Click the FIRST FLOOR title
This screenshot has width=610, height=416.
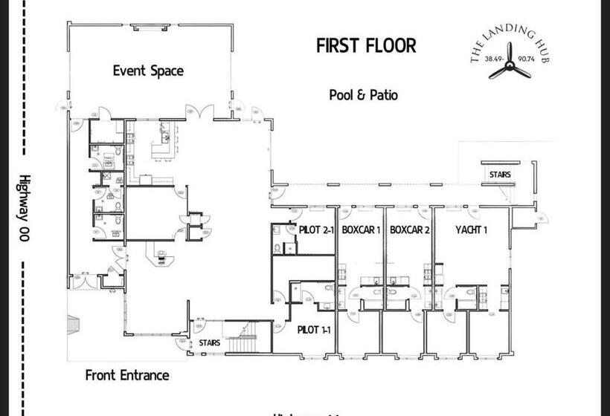[366, 45]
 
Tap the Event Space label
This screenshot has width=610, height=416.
[148, 71]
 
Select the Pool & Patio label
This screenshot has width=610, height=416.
[363, 95]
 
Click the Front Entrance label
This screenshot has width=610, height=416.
[126, 375]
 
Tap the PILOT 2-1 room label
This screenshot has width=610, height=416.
[317, 230]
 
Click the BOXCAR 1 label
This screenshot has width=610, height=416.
[361, 230]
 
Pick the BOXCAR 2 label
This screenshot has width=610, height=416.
[410, 230]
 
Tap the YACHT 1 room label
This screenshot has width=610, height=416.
[471, 230]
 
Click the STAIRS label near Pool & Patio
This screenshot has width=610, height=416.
[500, 175]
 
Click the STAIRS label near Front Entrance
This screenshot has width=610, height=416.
[209, 344]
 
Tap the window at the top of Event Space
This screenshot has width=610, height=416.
[150, 27]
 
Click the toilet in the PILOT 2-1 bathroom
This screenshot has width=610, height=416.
[277, 248]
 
